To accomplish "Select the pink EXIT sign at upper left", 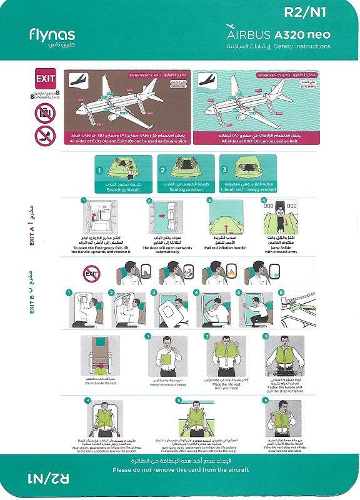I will [x=46, y=79].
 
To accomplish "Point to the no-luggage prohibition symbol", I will [x=45, y=112].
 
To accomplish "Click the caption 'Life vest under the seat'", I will [x=99, y=382].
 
